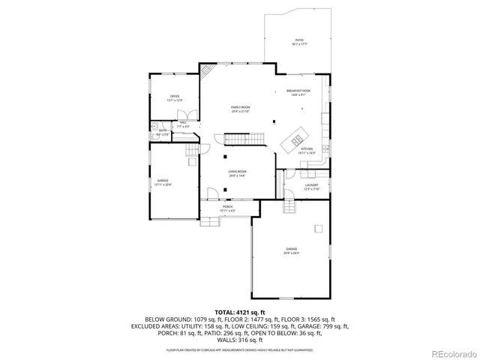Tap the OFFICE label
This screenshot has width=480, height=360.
coord(175,97)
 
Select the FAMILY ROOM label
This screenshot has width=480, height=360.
coord(240,107)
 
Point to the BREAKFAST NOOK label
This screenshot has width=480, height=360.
coord(298,91)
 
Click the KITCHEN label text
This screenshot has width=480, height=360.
coord(306,148)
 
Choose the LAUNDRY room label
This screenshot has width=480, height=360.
coord(311,185)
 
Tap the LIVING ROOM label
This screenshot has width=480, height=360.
coord(237,172)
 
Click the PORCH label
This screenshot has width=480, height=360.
coord(227,207)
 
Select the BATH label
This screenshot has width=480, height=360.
coord(162,130)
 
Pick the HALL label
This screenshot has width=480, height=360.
coord(184,123)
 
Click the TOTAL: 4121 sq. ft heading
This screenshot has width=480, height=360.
coord(240,312)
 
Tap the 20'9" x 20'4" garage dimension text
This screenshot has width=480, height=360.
coord(291,253)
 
